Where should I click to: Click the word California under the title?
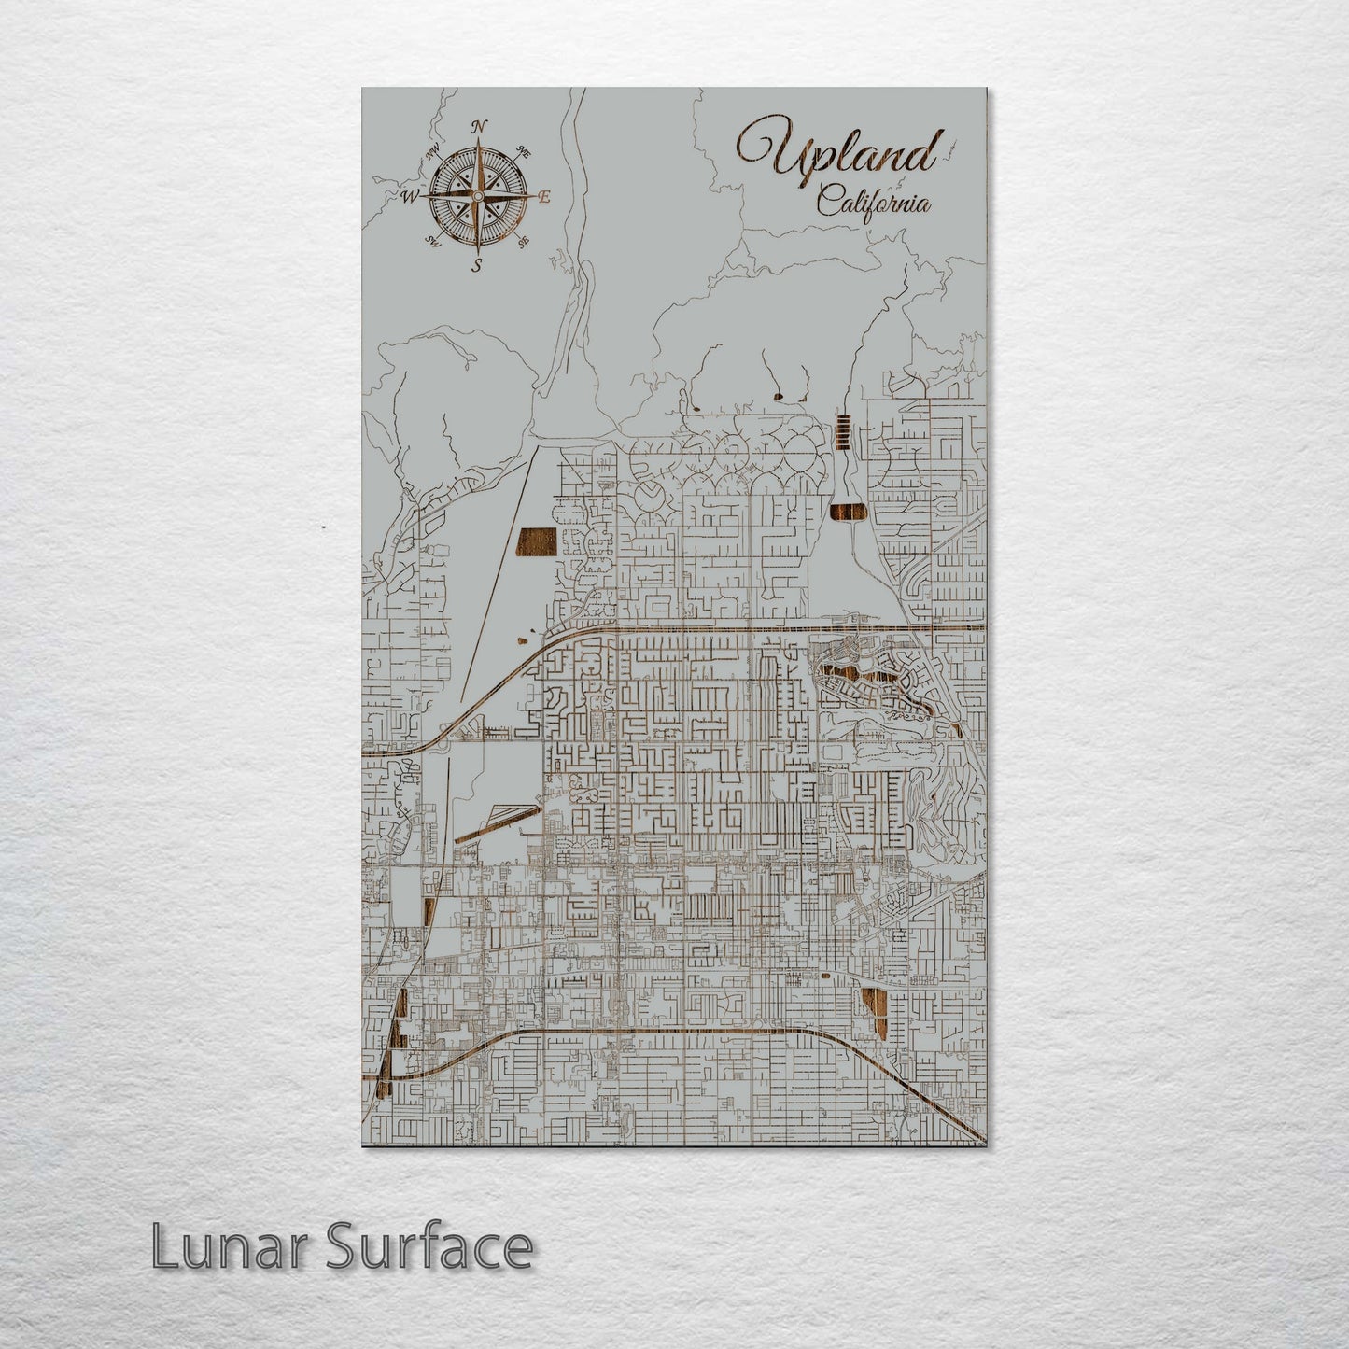pos(873,201)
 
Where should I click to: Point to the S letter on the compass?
pos(477,265)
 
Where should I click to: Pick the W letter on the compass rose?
pos(409,197)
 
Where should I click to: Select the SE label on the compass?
pos(524,241)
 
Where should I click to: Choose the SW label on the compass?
pos(432,241)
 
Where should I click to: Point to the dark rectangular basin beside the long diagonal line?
pos(536,541)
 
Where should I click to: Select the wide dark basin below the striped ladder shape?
pos(848,513)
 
